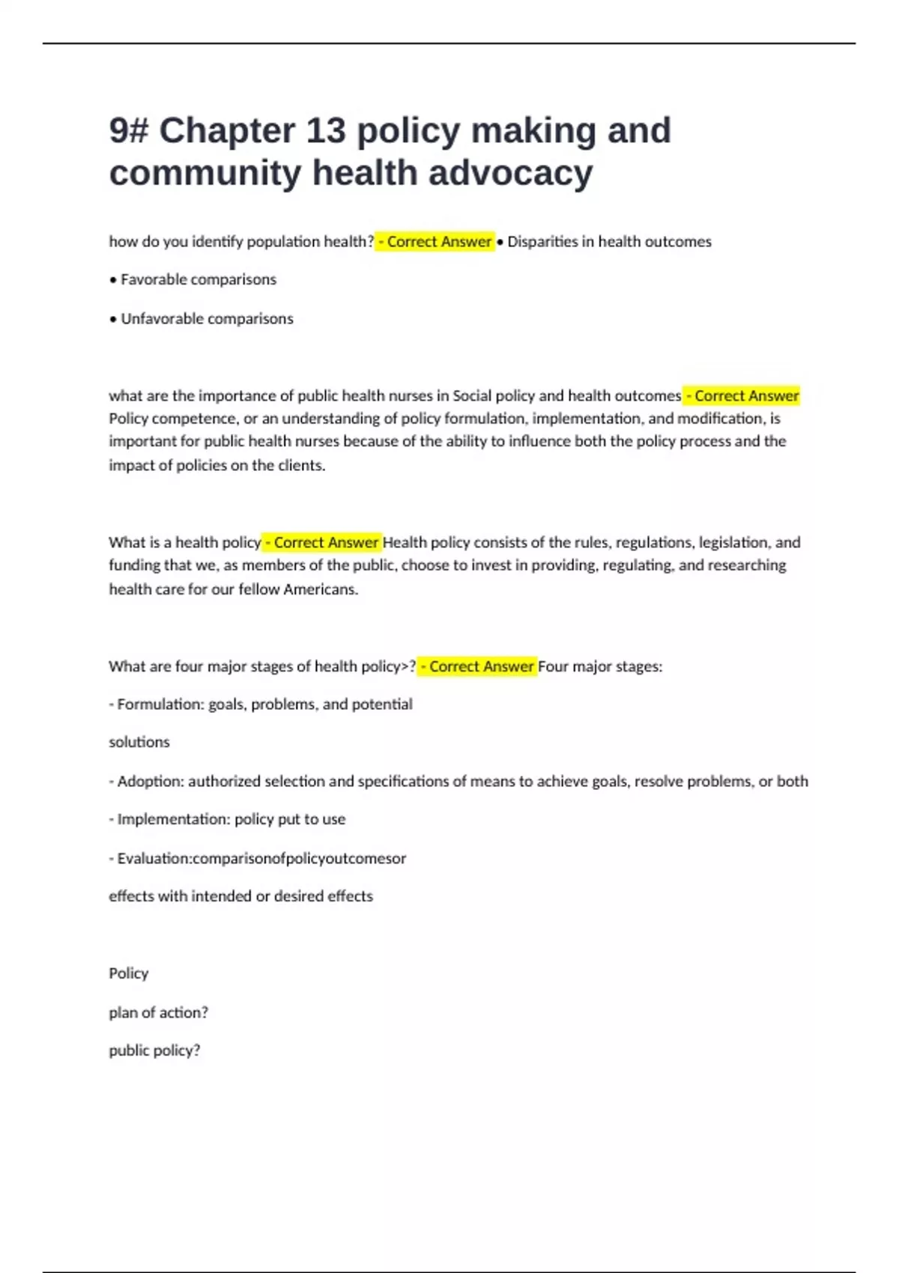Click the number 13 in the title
pos(325,130)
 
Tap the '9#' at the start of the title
pos(129,130)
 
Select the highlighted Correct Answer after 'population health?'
pos(435,242)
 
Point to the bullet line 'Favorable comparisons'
pos(193,280)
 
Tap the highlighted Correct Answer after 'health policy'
pos(322,542)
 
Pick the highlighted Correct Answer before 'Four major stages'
pos(477,666)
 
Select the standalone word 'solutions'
pos(139,742)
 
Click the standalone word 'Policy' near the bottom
pos(129,973)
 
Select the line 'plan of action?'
pos(159,1012)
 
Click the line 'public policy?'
pos(155,1051)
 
